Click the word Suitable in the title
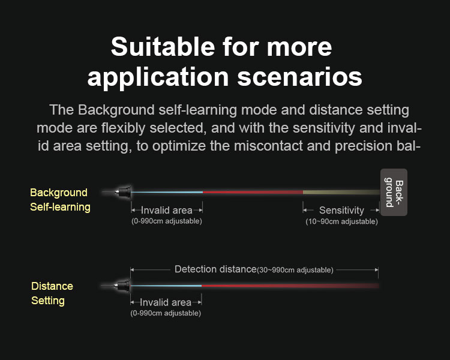163,47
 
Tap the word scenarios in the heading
299,77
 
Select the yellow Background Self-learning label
60,200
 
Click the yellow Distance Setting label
52,293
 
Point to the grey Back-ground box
394,192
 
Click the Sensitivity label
341,210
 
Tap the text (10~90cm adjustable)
341,221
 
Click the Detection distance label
215,269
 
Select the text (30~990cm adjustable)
295,270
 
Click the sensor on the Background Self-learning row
123,192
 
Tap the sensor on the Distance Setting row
122,286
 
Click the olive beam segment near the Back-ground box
341,192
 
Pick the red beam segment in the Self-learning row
253,192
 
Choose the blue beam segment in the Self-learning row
167,192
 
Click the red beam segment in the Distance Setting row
290,286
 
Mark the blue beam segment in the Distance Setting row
166,286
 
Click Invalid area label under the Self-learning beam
166,210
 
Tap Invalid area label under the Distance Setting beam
166,302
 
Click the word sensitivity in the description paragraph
323,128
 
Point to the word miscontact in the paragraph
268,146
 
